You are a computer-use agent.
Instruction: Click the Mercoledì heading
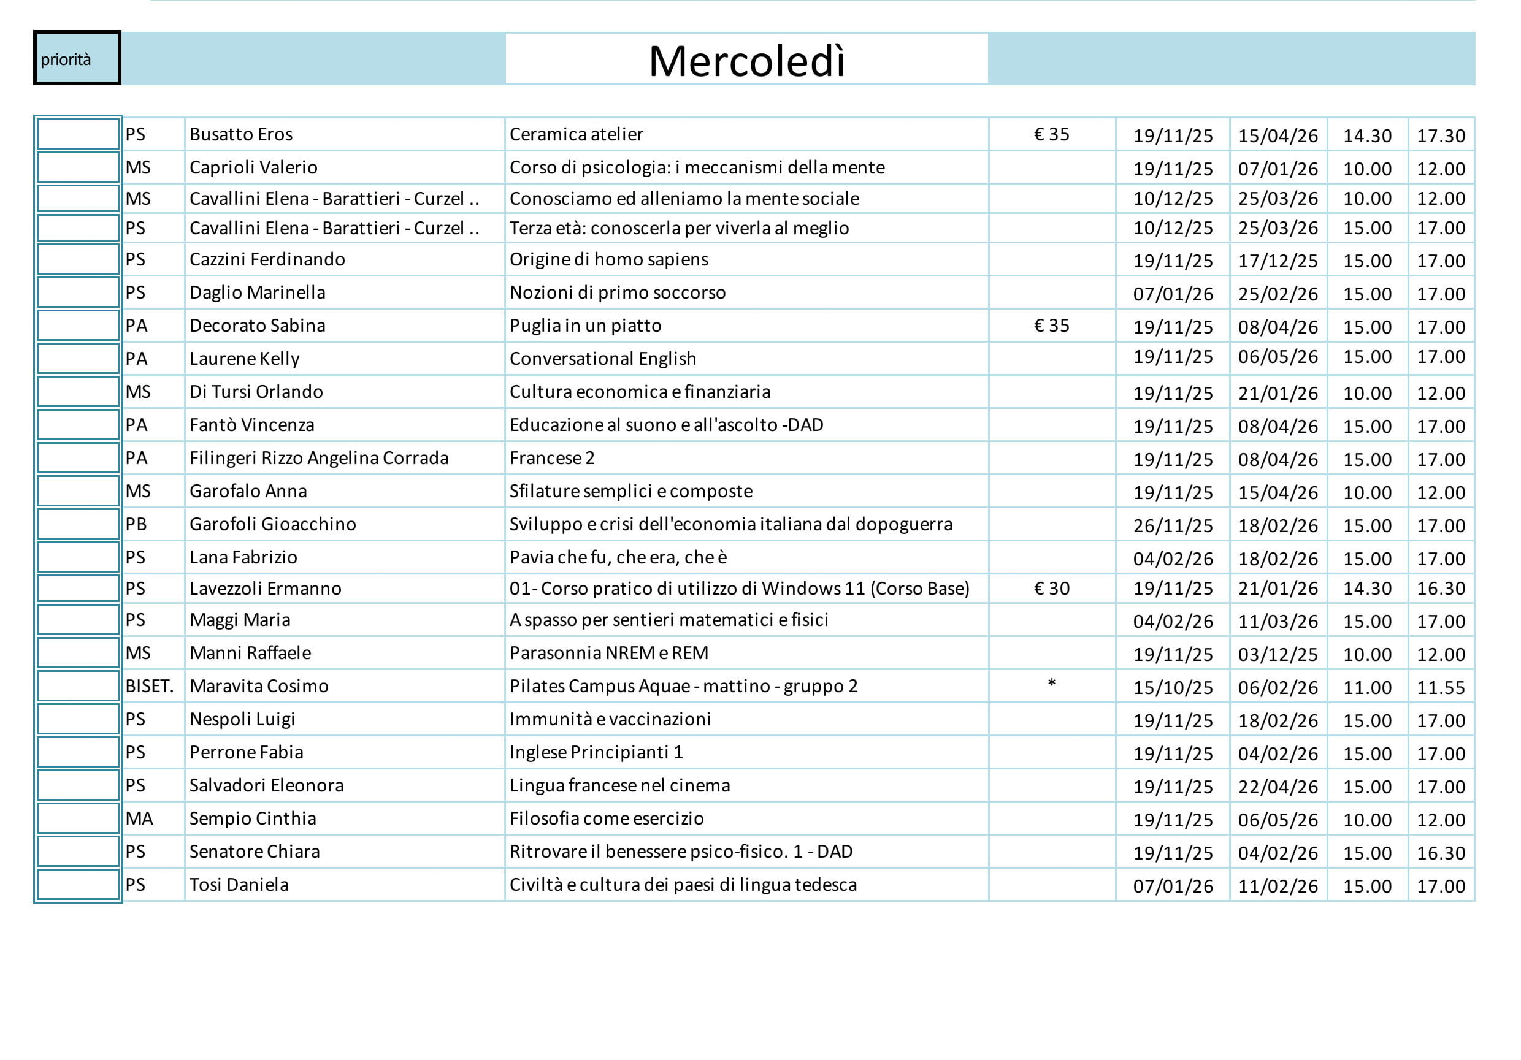pos(746,61)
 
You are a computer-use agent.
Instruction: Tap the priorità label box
pos(77,58)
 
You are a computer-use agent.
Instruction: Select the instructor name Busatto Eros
pos(241,134)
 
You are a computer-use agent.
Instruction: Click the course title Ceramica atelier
pos(576,134)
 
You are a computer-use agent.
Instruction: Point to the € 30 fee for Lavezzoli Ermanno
pos(1051,589)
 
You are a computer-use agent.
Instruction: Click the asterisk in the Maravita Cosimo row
pos(1051,684)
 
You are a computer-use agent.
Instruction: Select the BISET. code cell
pos(150,687)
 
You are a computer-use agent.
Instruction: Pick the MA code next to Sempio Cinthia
pos(139,819)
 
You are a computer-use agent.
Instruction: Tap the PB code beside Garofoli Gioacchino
pos(137,524)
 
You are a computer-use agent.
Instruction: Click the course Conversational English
pos(603,359)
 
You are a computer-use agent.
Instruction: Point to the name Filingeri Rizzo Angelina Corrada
pos(319,458)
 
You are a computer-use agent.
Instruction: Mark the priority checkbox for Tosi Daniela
pos(77,885)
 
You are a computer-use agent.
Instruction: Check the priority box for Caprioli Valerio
pos(77,167)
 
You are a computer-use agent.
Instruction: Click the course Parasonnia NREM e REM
pos(609,654)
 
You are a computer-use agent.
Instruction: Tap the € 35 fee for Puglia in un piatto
pos(1051,326)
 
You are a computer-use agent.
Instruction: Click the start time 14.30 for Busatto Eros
pos(1366,135)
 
